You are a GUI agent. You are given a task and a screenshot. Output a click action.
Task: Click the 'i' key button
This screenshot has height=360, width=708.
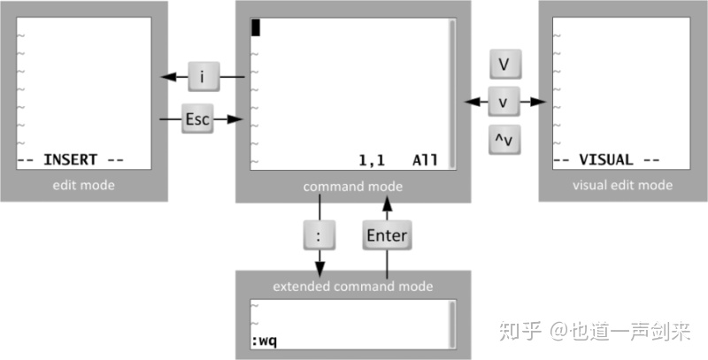pos(203,78)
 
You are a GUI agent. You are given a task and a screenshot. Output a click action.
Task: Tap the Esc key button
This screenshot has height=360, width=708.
pos(197,119)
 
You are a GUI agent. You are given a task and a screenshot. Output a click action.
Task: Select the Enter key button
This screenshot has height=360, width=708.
pos(386,235)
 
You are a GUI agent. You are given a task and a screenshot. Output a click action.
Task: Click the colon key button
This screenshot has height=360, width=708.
pos(319,235)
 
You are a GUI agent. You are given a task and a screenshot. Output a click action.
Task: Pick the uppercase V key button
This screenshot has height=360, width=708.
pos(503,65)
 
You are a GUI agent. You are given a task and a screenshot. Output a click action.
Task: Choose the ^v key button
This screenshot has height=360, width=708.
pos(503,140)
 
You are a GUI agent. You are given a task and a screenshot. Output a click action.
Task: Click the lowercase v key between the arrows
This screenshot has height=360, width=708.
pos(503,103)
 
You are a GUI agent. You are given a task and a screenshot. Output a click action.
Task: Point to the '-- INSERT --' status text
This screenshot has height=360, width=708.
pos(71,161)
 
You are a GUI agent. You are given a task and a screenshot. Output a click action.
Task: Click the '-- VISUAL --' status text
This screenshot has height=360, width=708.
pos(606,161)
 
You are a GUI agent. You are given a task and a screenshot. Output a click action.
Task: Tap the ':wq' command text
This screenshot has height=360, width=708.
pos(265,341)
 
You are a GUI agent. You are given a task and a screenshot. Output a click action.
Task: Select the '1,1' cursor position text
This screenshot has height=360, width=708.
pos(373,161)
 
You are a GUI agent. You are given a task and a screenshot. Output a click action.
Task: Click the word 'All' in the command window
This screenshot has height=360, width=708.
pos(425,161)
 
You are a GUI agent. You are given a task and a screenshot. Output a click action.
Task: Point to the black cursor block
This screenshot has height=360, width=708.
pos(256,27)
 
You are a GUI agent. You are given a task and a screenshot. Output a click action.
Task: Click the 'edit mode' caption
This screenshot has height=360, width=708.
pos(85,186)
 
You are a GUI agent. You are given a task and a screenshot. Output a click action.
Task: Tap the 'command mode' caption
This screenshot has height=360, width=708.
pos(353,187)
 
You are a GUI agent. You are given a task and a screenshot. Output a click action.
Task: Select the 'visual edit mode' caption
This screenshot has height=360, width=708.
pos(622,186)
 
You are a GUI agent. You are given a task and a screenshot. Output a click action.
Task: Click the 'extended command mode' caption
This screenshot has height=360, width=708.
pos(353,286)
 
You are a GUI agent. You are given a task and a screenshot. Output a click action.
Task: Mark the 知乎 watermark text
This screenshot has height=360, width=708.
pos(520,332)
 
